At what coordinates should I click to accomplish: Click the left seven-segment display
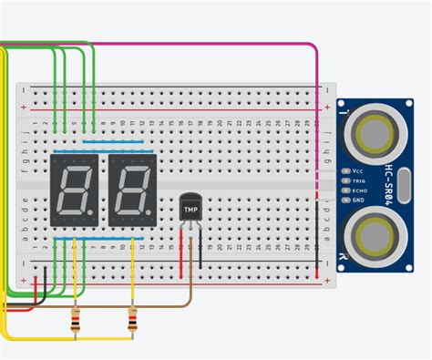point(75,190)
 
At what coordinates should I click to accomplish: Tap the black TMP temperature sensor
point(190,206)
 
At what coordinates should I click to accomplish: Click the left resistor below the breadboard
point(75,320)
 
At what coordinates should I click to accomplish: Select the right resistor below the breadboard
point(133,320)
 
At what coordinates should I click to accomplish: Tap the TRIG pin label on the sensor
point(360,180)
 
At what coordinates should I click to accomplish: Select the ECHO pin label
point(360,190)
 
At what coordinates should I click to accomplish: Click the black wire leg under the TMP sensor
point(200,246)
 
